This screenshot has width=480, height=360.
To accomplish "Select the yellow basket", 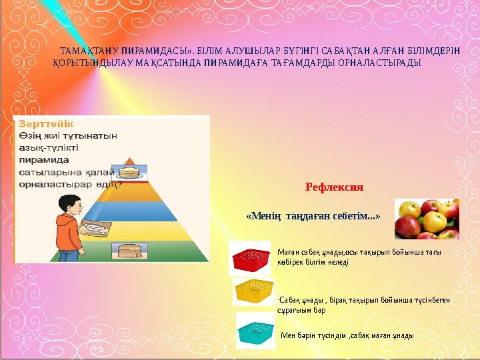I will (254, 291).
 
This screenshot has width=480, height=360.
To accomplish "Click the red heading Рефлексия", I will (333, 187).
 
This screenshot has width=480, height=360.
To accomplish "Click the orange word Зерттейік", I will (46, 123).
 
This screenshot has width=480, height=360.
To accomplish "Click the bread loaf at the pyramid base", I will (128, 251).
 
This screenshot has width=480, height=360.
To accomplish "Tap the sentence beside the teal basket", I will (347, 336).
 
